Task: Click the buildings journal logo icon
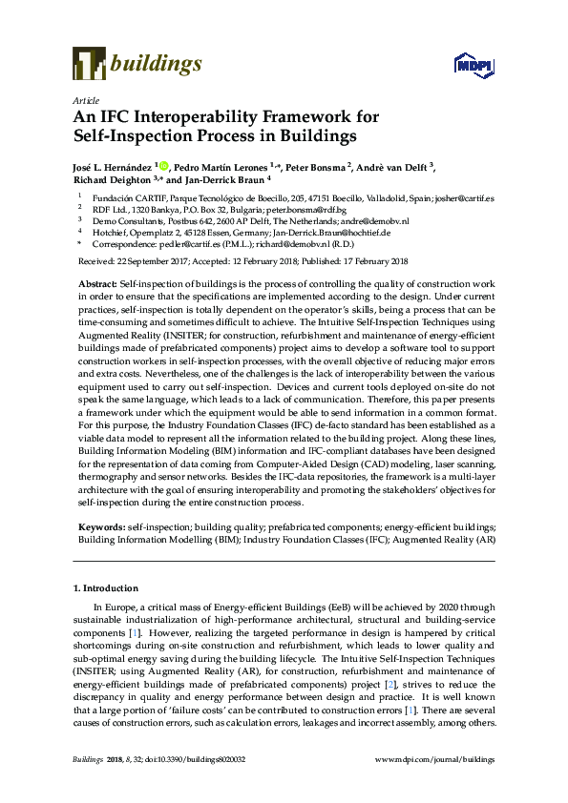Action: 89,65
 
